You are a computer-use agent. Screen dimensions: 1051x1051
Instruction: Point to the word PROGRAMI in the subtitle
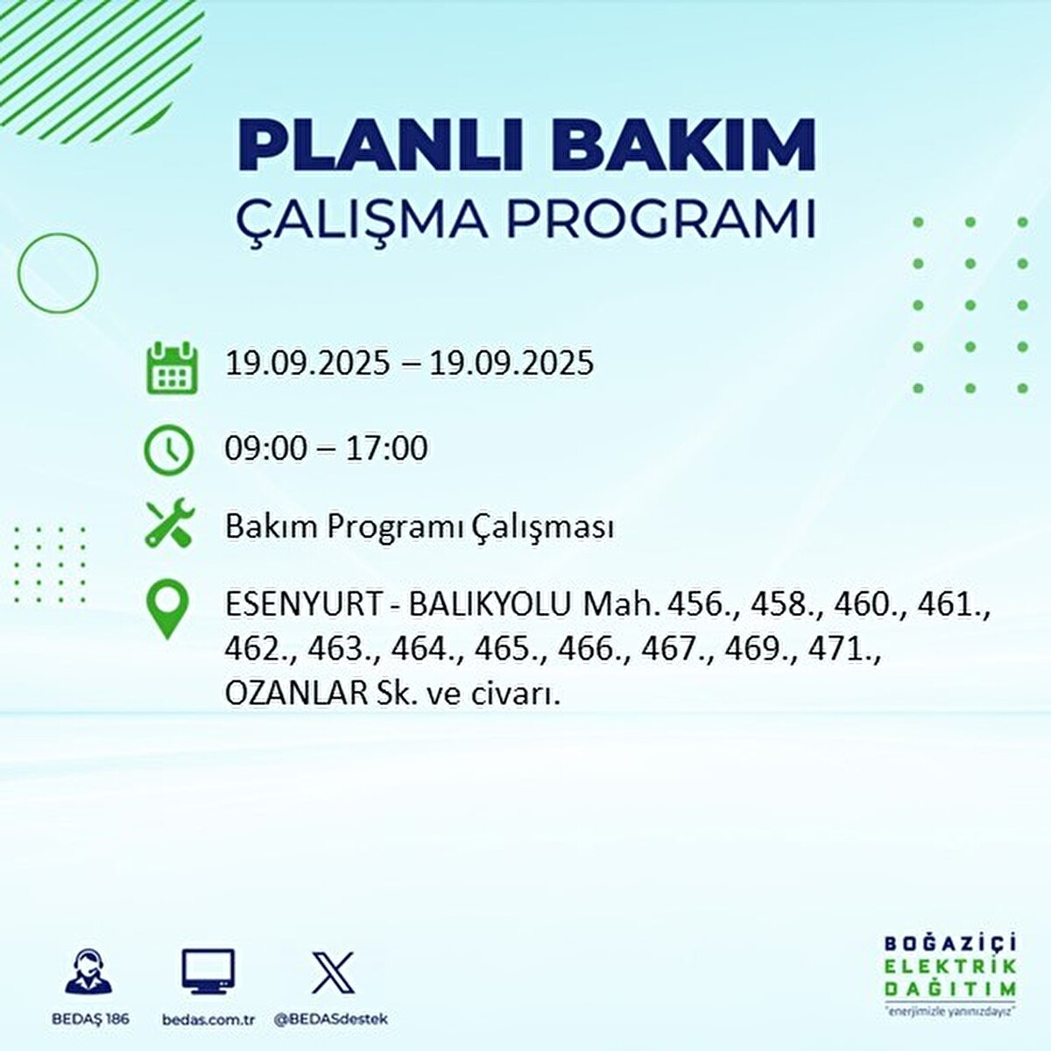pyautogui.click(x=661, y=219)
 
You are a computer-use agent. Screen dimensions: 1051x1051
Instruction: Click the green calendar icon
pyautogui.click(x=171, y=368)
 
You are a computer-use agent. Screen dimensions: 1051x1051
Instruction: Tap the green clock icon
pyautogui.click(x=168, y=449)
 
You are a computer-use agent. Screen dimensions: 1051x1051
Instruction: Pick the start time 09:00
pyautogui.click(x=266, y=448)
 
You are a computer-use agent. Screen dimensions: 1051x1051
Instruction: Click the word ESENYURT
pyautogui.click(x=303, y=604)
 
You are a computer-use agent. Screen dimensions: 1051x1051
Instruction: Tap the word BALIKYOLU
pyautogui.click(x=490, y=604)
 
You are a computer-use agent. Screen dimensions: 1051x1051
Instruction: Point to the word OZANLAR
pyautogui.click(x=295, y=693)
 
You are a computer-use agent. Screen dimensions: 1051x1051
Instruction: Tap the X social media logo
pyautogui.click(x=334, y=972)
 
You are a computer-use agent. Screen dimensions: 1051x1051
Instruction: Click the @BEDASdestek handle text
pyautogui.click(x=331, y=1019)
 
